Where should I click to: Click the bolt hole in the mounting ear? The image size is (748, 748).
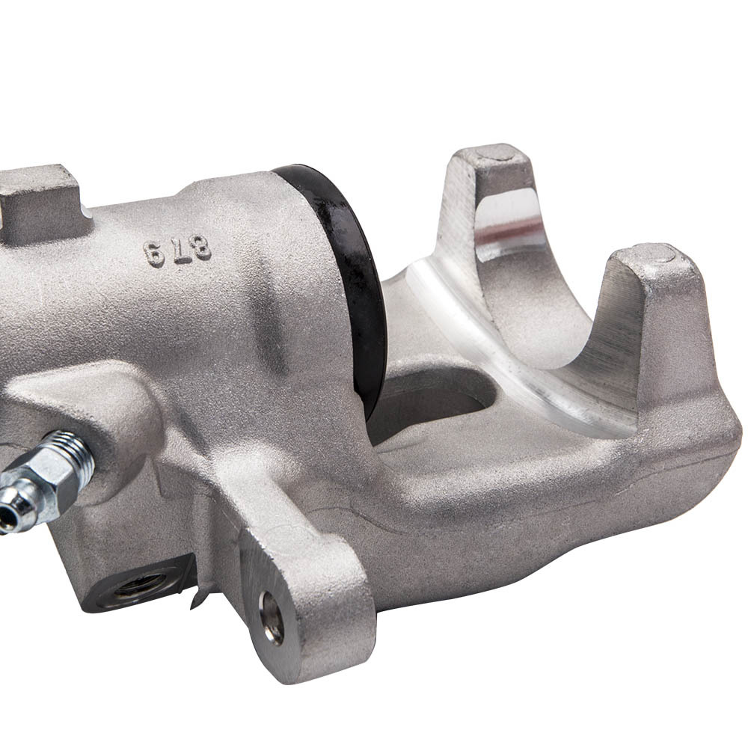tap(272, 617)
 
